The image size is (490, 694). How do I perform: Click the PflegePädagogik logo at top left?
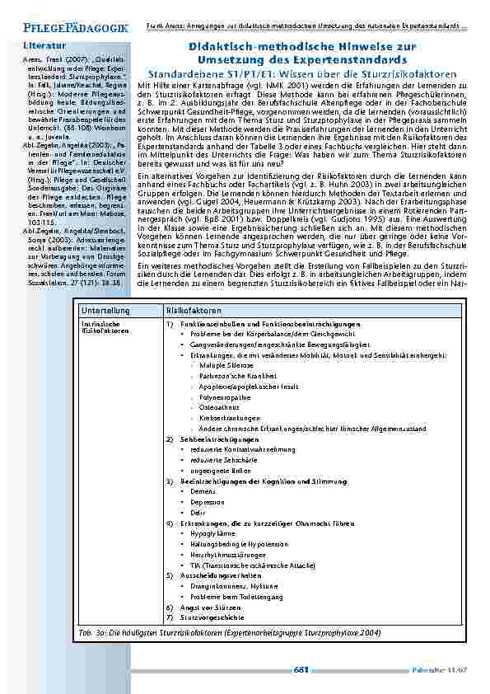point(65,27)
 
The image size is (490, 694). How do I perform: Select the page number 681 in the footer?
point(301,670)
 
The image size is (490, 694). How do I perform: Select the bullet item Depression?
point(208,500)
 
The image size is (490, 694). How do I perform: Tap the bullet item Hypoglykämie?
point(212,533)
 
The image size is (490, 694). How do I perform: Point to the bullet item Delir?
point(198,511)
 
